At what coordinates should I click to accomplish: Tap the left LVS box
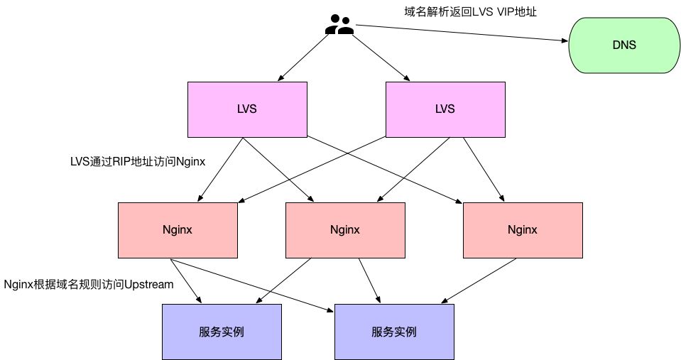click(247, 109)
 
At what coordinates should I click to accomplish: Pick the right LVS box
click(445, 109)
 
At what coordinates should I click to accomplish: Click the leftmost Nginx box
click(178, 230)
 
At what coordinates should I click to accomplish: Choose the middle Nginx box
click(345, 230)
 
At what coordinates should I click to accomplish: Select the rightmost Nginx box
click(523, 230)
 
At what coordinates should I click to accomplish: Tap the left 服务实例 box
click(222, 331)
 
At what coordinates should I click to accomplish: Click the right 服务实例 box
click(393, 331)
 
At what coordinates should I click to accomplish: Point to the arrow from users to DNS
click(462, 33)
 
